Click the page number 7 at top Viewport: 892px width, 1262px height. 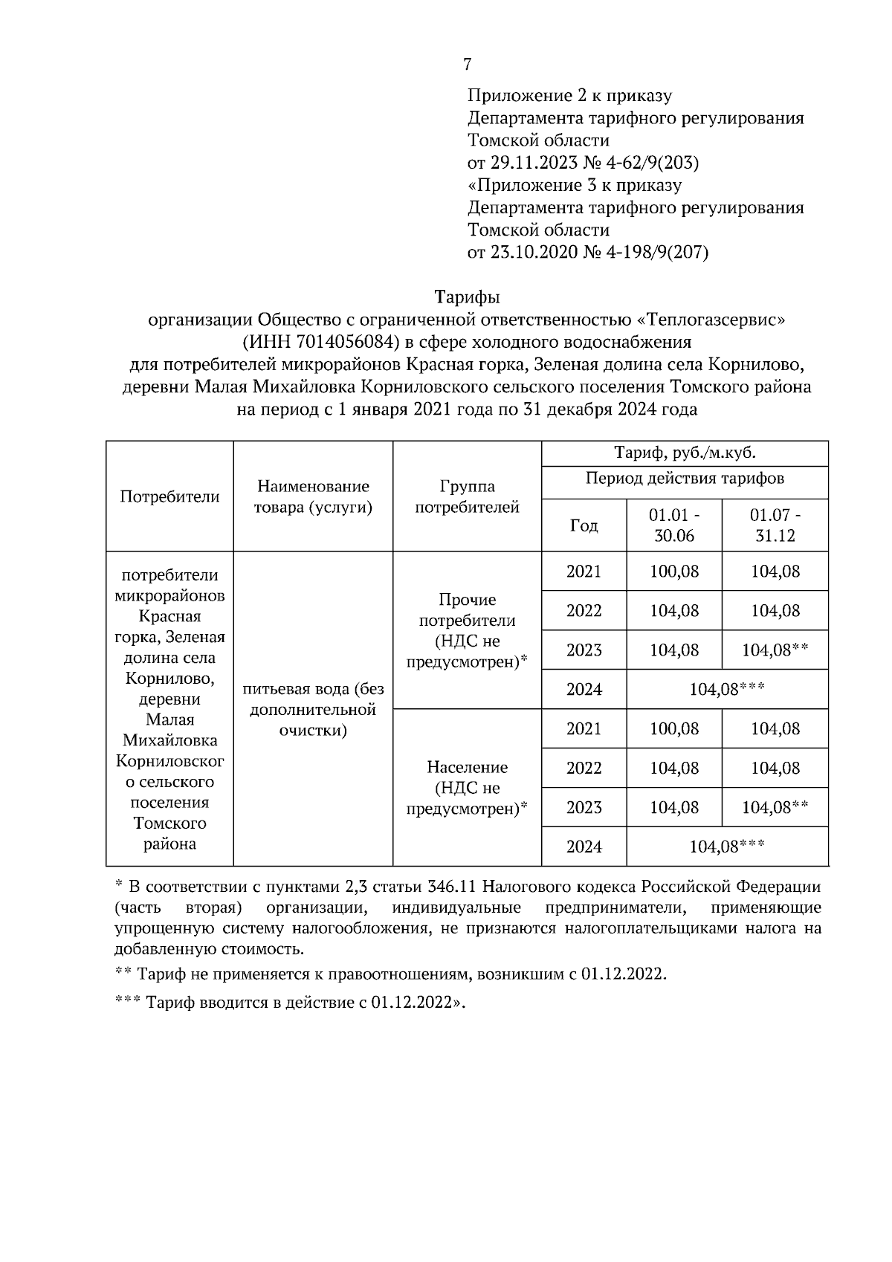tap(467, 65)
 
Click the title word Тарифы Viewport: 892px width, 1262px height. tap(467, 298)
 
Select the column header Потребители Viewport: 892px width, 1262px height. tap(170, 496)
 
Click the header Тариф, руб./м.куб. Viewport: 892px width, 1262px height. tap(685, 453)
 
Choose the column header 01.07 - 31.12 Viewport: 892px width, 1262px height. tap(775, 525)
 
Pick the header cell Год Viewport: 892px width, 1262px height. tap(584, 525)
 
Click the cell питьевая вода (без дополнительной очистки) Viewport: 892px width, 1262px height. tap(313, 709)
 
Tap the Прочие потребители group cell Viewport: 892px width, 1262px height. tap(467, 630)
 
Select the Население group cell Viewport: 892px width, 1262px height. tap(467, 787)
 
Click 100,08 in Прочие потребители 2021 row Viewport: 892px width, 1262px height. tap(674, 572)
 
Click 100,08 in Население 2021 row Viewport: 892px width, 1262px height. tap(674, 728)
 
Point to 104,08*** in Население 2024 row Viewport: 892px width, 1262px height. tap(727, 847)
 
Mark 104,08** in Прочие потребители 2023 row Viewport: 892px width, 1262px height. tap(775, 650)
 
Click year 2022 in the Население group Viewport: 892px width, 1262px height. tap(584, 768)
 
